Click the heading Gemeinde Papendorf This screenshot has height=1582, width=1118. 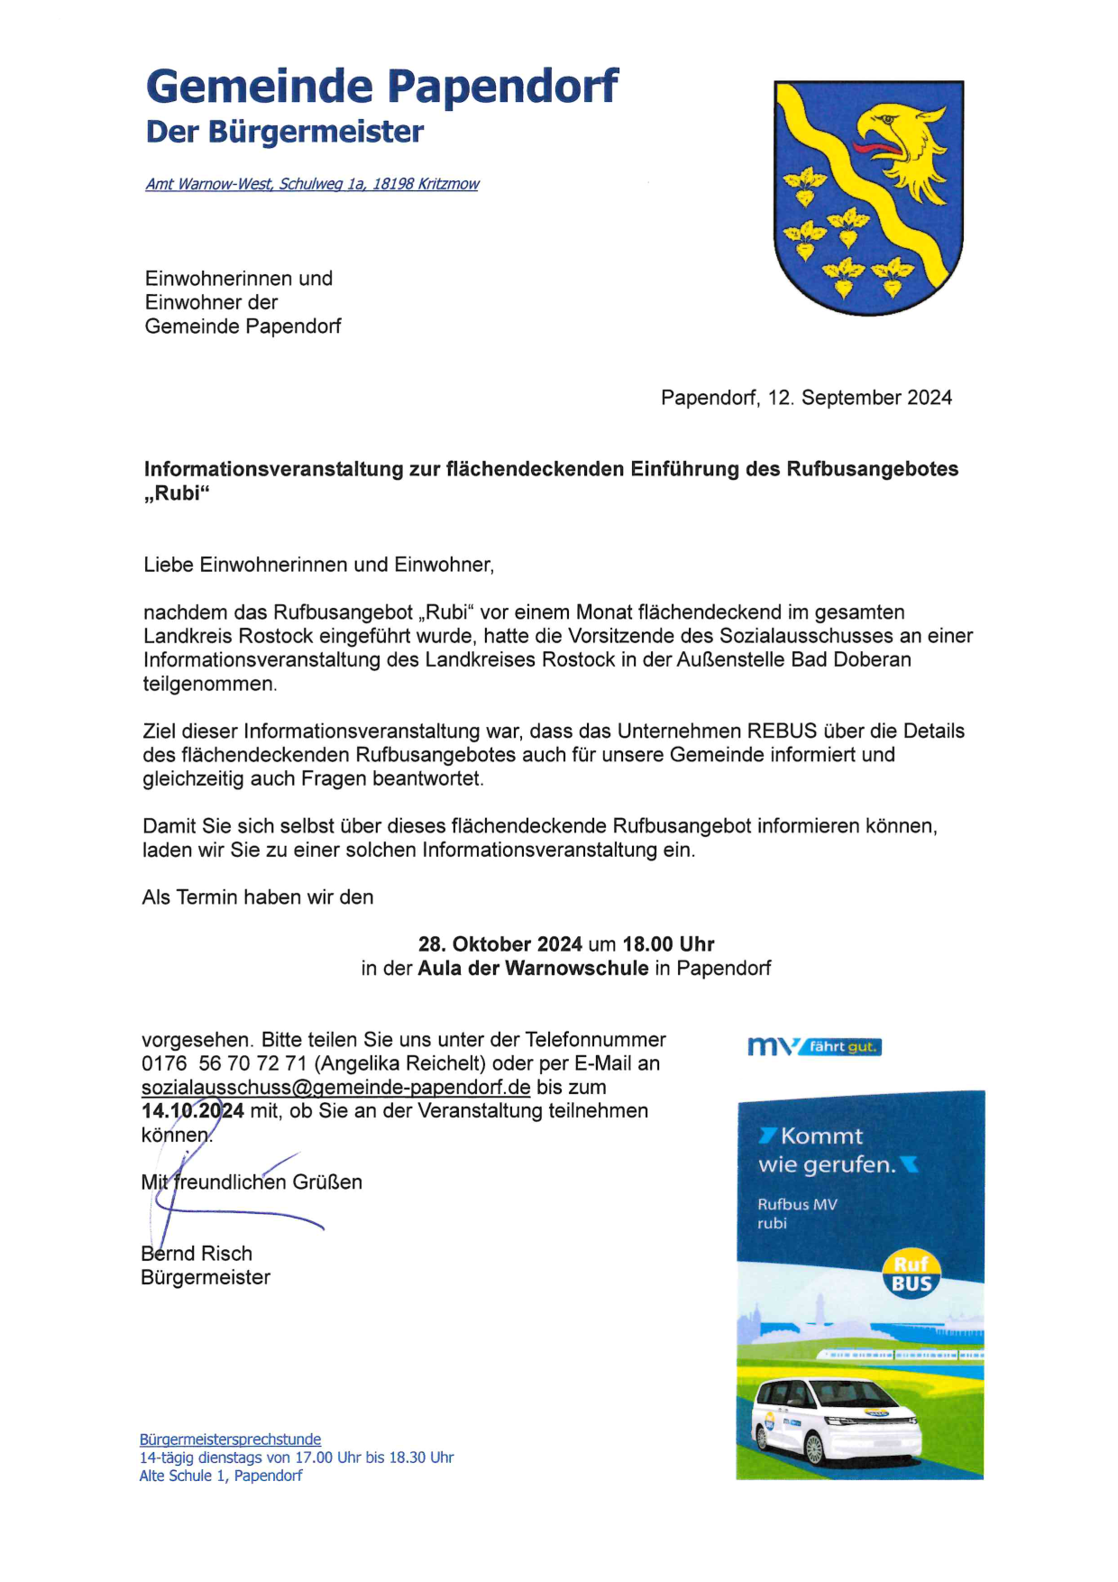pos(381,87)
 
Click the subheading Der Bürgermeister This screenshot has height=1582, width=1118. pos(284,132)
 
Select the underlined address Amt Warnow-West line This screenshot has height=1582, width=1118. pos(312,184)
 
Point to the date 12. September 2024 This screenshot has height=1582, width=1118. pos(859,398)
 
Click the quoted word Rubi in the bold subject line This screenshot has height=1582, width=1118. pos(177,493)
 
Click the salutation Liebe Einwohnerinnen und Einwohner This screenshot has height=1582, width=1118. pos(318,565)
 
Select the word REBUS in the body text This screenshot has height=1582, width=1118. pos(782,731)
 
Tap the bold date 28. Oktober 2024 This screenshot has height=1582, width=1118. pos(499,944)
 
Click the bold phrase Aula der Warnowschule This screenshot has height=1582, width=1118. pos(533,968)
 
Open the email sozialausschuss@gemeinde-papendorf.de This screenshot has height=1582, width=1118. pos(335,1088)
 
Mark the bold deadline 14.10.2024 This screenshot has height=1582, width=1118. pos(192,1111)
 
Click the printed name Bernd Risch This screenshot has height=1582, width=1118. pos(197,1254)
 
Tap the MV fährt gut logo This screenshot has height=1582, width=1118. pos(814,1046)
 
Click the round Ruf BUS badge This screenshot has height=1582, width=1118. pos(911,1274)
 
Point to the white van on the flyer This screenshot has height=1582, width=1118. pos(836,1419)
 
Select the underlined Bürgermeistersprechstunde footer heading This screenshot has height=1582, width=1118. pos(230,1439)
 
